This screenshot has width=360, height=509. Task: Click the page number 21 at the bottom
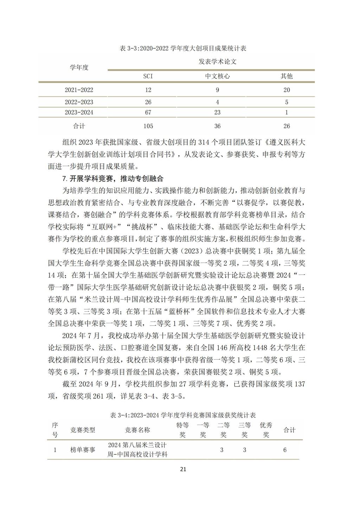[x=182, y=469]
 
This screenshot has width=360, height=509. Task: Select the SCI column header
[x=148, y=76]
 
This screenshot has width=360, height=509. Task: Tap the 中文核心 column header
[x=217, y=76]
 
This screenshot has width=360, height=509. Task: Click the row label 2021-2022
[x=79, y=90]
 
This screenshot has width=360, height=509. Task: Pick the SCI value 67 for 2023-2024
[x=148, y=112]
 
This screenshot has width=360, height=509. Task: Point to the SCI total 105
[x=148, y=126]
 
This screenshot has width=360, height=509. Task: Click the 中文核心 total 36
[x=217, y=126]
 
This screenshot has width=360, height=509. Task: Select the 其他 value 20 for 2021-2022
[x=287, y=90]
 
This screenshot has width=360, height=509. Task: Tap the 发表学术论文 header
[x=217, y=62]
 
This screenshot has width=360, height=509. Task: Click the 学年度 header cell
[x=79, y=67]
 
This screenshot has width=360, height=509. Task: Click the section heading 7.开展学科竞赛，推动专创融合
[x=113, y=179]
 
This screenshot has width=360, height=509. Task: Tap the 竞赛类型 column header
[x=83, y=430]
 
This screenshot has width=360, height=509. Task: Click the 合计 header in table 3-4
[x=289, y=430]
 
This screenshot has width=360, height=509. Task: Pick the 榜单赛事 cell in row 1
[x=83, y=450]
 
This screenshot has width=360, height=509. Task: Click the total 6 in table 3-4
[x=285, y=450]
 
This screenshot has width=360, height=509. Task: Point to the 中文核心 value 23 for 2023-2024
[x=217, y=112]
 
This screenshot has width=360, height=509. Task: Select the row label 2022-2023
[x=79, y=102]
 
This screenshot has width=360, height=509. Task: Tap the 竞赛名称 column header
[x=137, y=430]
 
